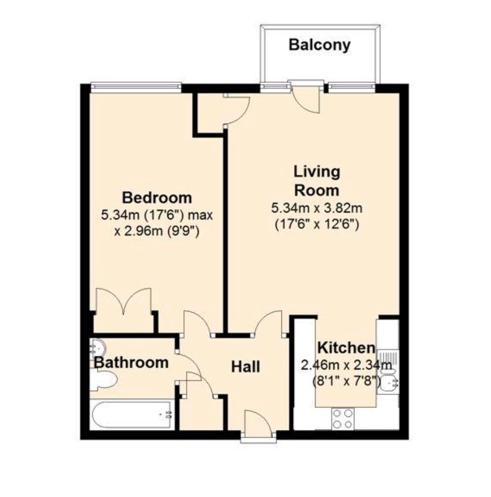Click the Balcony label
pyautogui.click(x=319, y=45)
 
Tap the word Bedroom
pyautogui.click(x=157, y=198)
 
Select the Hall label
pyautogui.click(x=245, y=367)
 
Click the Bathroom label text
pyautogui.click(x=131, y=362)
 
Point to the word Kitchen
pyautogui.click(x=346, y=348)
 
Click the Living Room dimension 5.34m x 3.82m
pyautogui.click(x=317, y=208)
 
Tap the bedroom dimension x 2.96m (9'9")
pyautogui.click(x=157, y=231)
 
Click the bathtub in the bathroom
pyautogui.click(x=132, y=415)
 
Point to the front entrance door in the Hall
pyautogui.click(x=257, y=423)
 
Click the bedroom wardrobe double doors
pyautogui.click(x=124, y=301)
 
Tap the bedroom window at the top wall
pyautogui.click(x=136, y=88)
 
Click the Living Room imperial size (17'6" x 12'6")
pyautogui.click(x=317, y=225)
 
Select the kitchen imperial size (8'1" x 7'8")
pyautogui.click(x=346, y=380)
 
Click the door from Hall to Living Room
pyautogui.click(x=269, y=322)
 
